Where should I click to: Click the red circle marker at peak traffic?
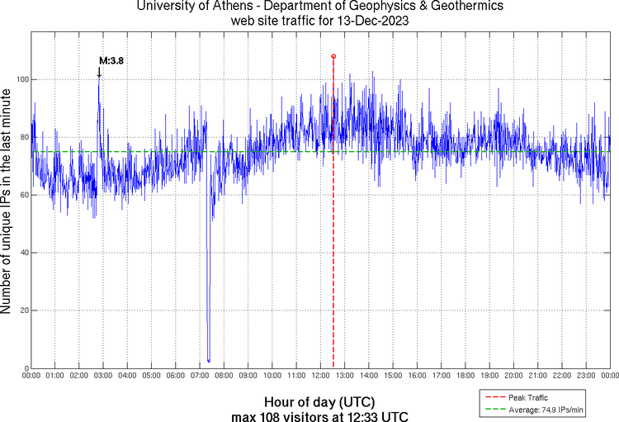click(333, 56)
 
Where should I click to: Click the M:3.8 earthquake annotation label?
click(111, 60)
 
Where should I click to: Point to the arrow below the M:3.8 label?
click(99, 73)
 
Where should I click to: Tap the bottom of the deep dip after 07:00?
click(209, 360)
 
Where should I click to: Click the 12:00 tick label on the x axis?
click(321, 376)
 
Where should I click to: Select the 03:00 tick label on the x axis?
click(104, 376)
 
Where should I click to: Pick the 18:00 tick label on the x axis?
click(465, 376)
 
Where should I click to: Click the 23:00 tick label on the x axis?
click(586, 376)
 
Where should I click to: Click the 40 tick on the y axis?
click(23, 253)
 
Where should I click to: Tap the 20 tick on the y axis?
click(23, 311)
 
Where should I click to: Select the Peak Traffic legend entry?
click(527, 397)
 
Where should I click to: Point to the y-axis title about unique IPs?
click(7, 202)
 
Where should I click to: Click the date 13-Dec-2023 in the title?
click(366, 21)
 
